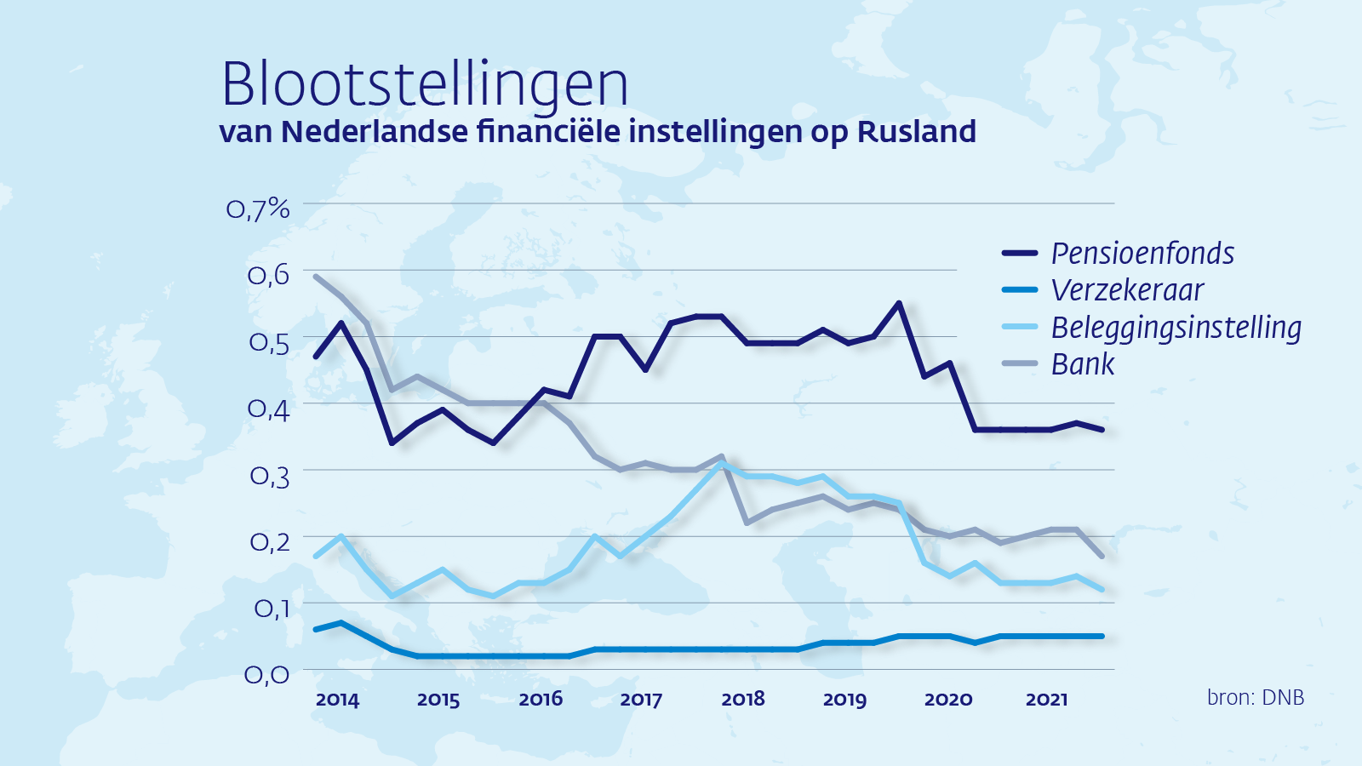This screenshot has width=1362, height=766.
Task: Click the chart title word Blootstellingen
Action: point(425,85)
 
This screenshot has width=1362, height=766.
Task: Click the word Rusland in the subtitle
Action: point(916,132)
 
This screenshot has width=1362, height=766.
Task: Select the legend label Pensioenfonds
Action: point(1142,254)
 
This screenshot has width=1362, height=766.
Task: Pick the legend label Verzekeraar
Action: point(1127,290)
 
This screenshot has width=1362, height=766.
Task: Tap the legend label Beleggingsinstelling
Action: point(1176,328)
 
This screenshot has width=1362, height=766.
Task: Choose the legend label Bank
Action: point(1082,364)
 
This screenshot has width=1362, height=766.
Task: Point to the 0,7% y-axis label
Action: point(258,209)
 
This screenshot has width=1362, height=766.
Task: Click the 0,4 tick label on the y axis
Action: point(268,409)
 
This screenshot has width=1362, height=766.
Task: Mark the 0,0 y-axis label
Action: point(267,675)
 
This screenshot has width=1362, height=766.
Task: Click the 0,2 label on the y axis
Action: point(269,541)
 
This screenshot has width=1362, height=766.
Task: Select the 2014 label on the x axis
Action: point(337,700)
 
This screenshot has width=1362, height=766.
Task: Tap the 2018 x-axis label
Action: point(743,700)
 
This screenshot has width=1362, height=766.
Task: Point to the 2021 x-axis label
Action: point(1046,700)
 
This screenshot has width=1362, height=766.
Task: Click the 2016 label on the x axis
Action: point(541,700)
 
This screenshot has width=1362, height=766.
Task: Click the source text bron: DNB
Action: point(1255,698)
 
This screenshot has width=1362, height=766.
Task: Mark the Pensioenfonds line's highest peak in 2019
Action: point(899,303)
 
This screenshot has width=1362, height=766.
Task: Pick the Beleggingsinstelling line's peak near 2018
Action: point(722,463)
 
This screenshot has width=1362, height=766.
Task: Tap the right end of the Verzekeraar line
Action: point(1102,636)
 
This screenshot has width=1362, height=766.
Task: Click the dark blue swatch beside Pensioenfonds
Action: point(1020,254)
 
